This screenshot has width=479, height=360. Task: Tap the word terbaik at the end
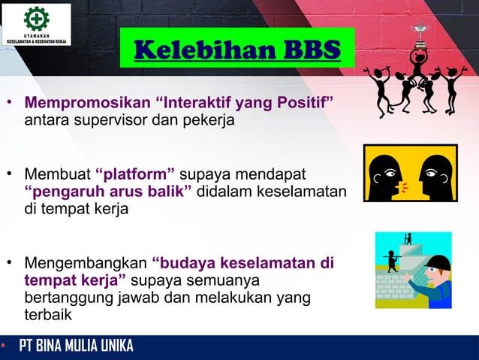tap(48, 315)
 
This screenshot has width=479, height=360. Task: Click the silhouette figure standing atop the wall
tap(408, 239)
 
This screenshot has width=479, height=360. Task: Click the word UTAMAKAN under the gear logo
tap(36, 35)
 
